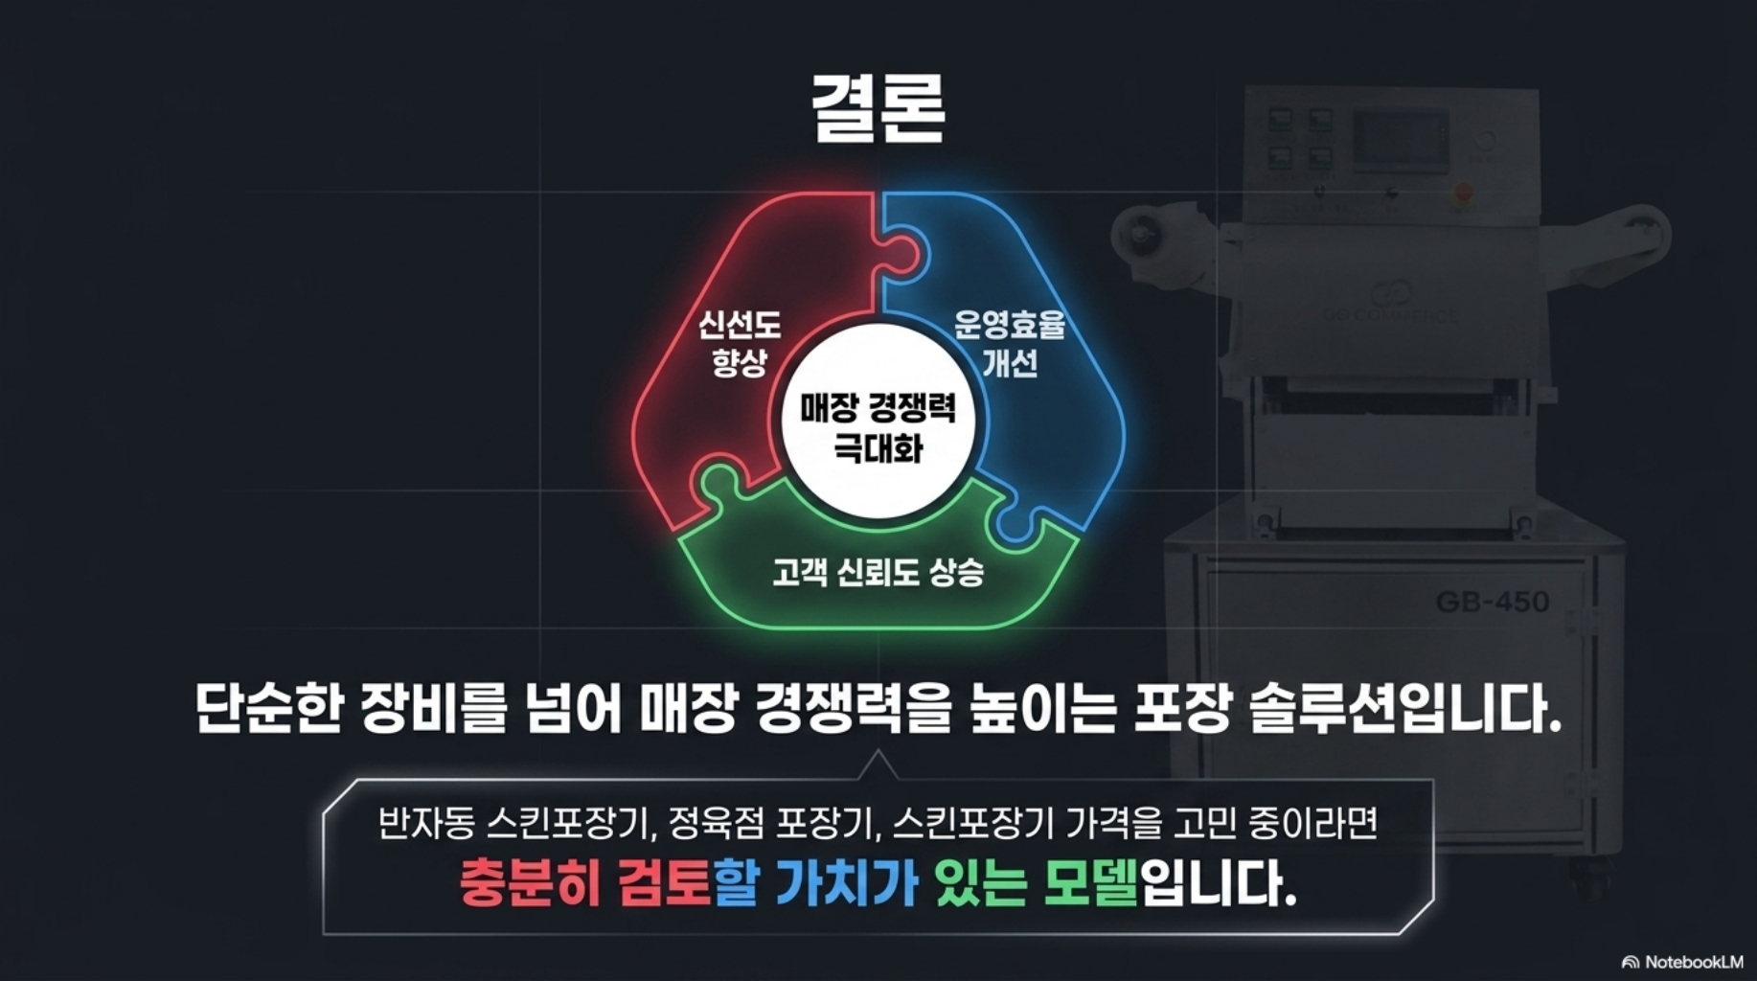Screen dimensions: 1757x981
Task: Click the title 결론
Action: click(878, 108)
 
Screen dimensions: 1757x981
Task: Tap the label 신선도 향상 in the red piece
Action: click(739, 343)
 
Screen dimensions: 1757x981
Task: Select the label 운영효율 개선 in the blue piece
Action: click(1009, 343)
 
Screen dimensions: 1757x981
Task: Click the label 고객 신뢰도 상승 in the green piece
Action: click(878, 573)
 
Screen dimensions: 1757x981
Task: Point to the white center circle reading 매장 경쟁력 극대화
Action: click(878, 427)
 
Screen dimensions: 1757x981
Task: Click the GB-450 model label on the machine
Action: click(1492, 602)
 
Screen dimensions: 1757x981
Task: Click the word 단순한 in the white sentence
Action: click(269, 709)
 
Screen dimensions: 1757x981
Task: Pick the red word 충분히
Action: click(530, 883)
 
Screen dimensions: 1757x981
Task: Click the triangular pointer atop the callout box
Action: click(878, 766)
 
